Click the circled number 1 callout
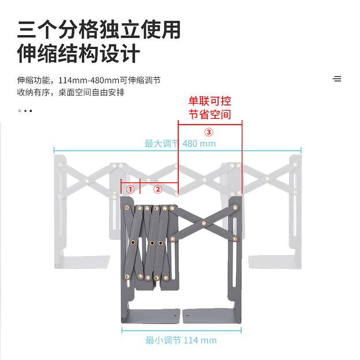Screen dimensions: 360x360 130,189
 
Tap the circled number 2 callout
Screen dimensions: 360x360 157,189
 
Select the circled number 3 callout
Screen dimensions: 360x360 209,132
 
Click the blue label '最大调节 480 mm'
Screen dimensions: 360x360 180,144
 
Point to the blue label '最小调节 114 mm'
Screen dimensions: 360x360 181,340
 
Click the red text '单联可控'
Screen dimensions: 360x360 209,102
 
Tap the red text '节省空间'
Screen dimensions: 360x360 209,114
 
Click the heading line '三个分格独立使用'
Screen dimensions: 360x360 99,30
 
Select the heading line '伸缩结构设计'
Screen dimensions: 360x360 78,54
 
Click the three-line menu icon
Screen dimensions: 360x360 337,78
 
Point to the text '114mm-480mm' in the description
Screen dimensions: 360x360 89,80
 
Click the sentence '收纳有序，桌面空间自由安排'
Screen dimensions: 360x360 71,92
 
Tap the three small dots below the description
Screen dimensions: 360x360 25,111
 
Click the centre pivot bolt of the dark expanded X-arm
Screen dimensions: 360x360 204,223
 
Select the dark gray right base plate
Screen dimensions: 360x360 212,316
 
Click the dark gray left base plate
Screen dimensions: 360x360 151,316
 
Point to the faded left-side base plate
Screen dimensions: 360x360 82,262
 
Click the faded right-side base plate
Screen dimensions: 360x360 275,262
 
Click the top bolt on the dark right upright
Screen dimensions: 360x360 235,208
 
